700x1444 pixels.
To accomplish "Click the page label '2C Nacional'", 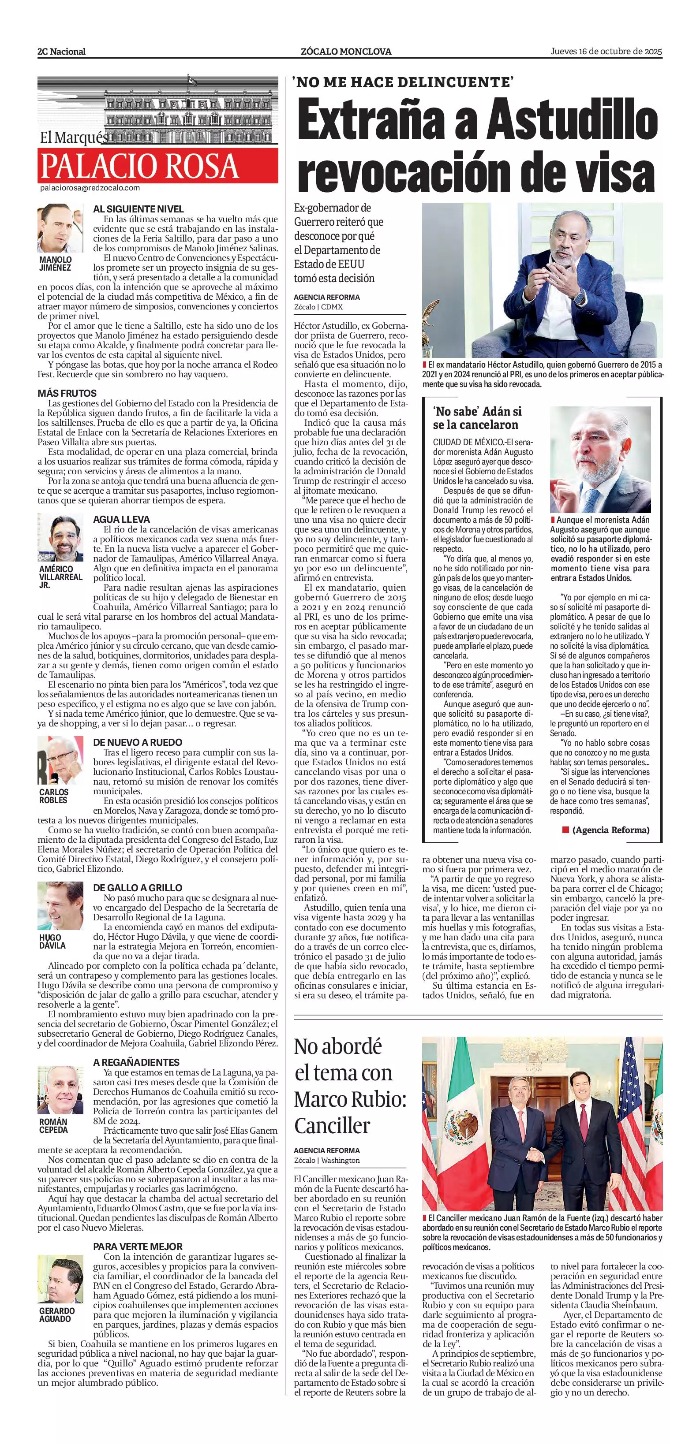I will coord(62,52).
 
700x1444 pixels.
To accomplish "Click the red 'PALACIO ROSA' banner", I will coord(157,166).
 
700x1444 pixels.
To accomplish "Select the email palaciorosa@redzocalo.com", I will coord(90,188).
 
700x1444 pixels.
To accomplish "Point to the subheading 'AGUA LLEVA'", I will coord(121,520).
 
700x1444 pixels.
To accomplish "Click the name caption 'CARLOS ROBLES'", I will coord(53,796).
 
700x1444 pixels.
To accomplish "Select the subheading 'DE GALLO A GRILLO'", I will coord(138,888).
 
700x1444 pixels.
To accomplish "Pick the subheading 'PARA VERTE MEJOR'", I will coord(138,1246).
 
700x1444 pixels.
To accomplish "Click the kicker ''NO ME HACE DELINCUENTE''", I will coord(403,82).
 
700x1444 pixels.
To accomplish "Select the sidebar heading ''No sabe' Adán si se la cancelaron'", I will coord(477,418).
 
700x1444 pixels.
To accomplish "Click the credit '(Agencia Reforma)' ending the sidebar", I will coord(610,830).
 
